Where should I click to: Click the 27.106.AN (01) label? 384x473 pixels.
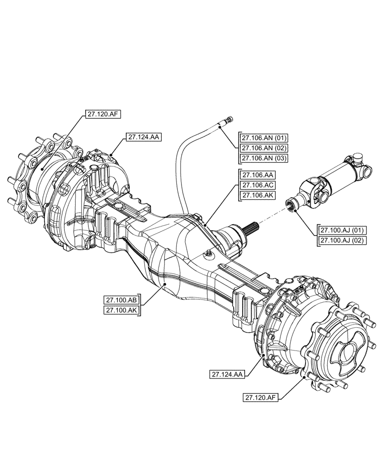pyautogui.click(x=264, y=138)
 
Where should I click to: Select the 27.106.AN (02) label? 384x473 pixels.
pyautogui.click(x=264, y=148)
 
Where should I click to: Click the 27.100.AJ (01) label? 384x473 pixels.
pyautogui.click(x=343, y=230)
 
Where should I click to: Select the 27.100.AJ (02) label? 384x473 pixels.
pyautogui.click(x=343, y=240)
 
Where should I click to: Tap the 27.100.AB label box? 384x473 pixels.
pyautogui.click(x=122, y=300)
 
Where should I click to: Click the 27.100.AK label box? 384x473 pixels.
pyautogui.click(x=122, y=310)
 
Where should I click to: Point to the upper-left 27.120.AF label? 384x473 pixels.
pyautogui.click(x=103, y=114)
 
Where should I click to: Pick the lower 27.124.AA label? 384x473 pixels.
pyautogui.click(x=227, y=374)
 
